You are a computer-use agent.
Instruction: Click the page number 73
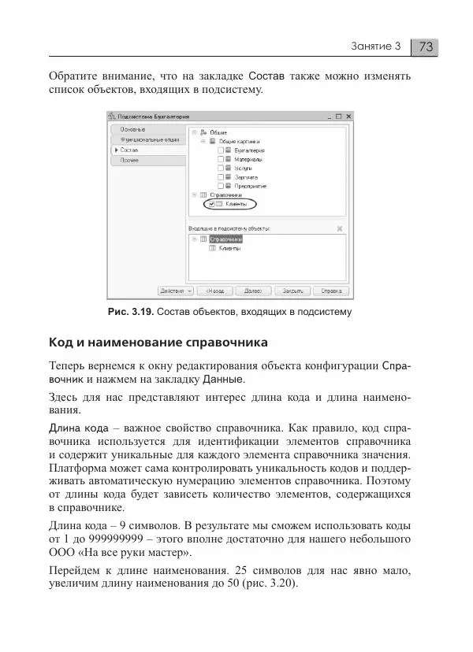tap(426, 46)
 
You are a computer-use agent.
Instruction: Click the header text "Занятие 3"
tap(376, 46)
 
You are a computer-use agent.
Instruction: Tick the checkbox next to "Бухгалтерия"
tap(221, 150)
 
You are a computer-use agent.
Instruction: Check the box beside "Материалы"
tap(221, 159)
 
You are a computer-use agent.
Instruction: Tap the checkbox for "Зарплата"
tap(221, 177)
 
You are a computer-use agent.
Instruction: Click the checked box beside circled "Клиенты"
tap(212, 204)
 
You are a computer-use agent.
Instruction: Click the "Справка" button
tap(330, 290)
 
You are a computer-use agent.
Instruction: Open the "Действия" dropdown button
tap(176, 290)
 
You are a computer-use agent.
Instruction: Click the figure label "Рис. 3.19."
tap(130, 312)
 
